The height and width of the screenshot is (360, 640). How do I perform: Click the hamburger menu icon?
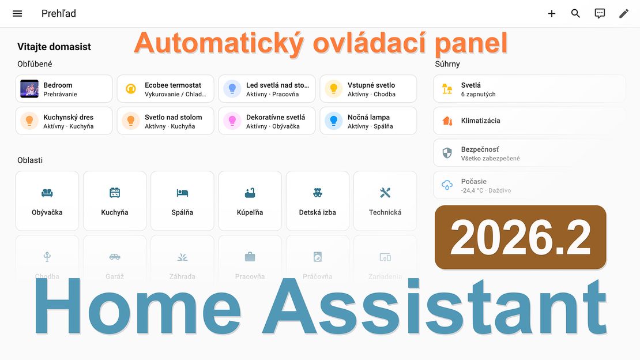(x=17, y=13)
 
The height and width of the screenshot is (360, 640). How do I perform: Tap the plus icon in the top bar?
(x=552, y=13)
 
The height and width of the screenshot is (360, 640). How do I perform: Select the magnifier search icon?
(x=575, y=13)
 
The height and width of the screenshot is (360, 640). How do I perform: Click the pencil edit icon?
(x=624, y=13)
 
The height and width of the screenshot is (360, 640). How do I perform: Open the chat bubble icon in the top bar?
(x=600, y=13)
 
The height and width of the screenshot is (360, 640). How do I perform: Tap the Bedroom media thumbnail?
(x=29, y=89)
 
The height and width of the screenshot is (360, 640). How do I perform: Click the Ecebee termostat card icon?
(x=131, y=89)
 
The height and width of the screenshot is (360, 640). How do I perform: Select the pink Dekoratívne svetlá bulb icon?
(x=232, y=121)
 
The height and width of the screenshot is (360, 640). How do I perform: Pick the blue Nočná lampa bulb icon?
(x=334, y=121)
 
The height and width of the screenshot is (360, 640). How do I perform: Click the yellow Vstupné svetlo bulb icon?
(x=334, y=89)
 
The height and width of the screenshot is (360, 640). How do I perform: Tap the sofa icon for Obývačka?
(x=47, y=193)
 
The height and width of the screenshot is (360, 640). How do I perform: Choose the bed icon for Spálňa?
(x=182, y=193)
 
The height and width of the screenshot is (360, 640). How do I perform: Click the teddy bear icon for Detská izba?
(x=318, y=193)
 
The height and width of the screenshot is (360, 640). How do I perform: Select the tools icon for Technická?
(x=385, y=193)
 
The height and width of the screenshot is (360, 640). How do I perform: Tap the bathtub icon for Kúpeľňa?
(x=250, y=193)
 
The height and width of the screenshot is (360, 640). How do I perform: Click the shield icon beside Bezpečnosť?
(x=447, y=153)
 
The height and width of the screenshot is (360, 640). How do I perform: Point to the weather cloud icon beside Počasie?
(x=447, y=185)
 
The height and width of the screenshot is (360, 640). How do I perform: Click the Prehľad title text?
(x=59, y=13)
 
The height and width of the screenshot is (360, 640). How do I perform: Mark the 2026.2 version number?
(x=521, y=238)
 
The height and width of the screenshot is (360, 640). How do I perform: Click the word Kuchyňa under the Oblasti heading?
(x=115, y=212)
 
